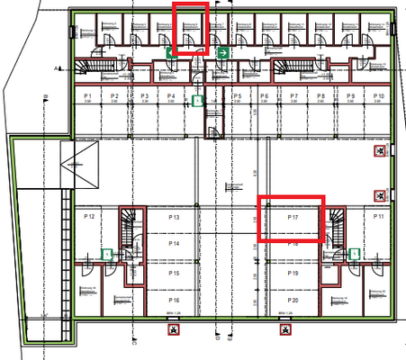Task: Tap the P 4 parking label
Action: click(171, 95)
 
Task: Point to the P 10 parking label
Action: click(379, 95)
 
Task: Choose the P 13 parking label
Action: click(174, 218)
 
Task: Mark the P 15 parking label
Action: click(174, 273)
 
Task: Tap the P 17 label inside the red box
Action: click(292, 218)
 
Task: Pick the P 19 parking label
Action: click(293, 273)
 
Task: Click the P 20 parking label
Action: click(293, 300)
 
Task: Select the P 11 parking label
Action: click(379, 218)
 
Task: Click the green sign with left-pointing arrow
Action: click(168, 54)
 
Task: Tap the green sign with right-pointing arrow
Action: click(221, 54)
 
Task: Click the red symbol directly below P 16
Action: click(173, 330)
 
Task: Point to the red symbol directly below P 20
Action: click(286, 330)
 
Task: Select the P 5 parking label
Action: click(238, 95)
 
